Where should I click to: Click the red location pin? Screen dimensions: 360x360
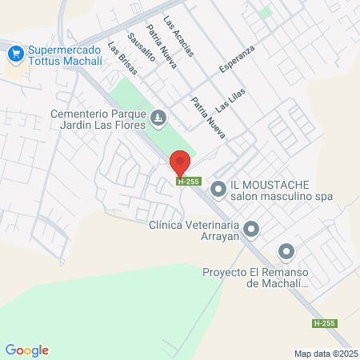(x=180, y=164)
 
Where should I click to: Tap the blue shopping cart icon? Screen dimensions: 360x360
(x=14, y=54)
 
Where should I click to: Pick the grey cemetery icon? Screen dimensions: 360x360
(x=159, y=119)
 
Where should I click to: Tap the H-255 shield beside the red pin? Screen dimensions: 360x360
(x=188, y=182)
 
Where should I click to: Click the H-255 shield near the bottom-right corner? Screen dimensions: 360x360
(x=325, y=323)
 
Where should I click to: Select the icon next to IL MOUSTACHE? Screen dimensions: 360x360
(x=217, y=190)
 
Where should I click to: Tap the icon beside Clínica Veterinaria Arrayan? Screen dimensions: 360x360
(x=251, y=230)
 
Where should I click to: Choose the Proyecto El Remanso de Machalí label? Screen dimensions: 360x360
(x=250, y=277)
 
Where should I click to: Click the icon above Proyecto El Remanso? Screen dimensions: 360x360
(x=286, y=253)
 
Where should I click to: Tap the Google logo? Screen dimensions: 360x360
(x=26, y=350)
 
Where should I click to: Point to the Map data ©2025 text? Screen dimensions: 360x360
(x=325, y=354)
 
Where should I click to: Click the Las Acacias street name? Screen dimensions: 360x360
(x=178, y=35)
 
